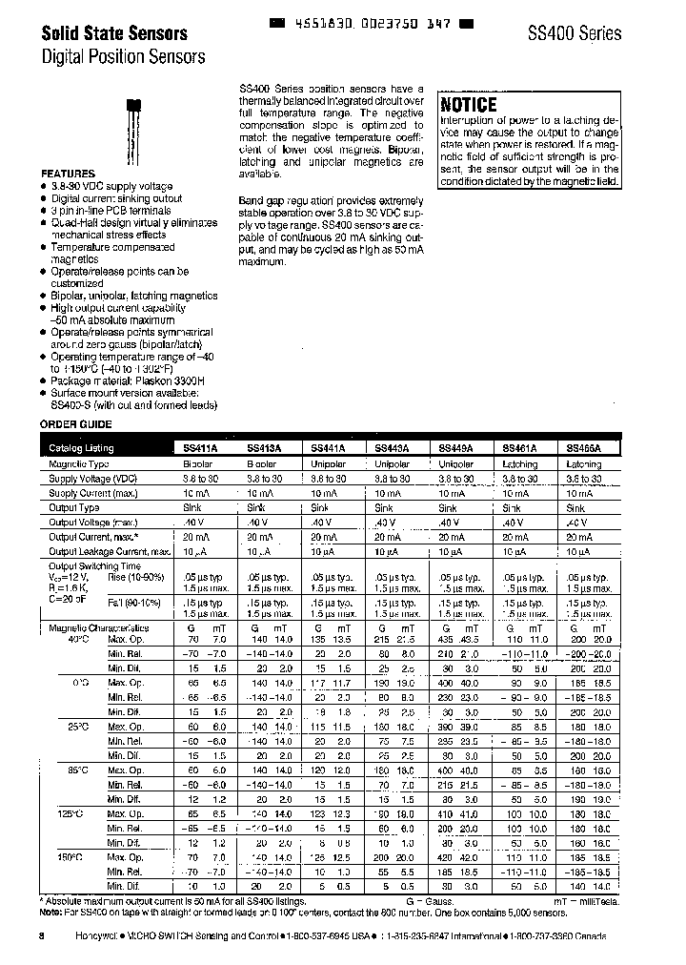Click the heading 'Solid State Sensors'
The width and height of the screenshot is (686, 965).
click(113, 33)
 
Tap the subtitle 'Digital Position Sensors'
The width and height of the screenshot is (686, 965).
click(123, 56)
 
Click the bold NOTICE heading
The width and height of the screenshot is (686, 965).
click(469, 105)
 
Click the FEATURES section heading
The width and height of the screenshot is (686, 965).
click(67, 173)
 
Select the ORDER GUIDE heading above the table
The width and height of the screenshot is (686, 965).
click(75, 423)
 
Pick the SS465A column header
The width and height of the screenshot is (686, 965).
click(584, 447)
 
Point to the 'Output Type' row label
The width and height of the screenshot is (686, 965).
click(74, 508)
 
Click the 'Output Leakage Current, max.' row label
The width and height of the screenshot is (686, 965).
click(110, 551)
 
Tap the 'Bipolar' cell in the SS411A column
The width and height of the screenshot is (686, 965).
click(198, 464)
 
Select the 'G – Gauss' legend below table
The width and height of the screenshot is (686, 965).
click(431, 900)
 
